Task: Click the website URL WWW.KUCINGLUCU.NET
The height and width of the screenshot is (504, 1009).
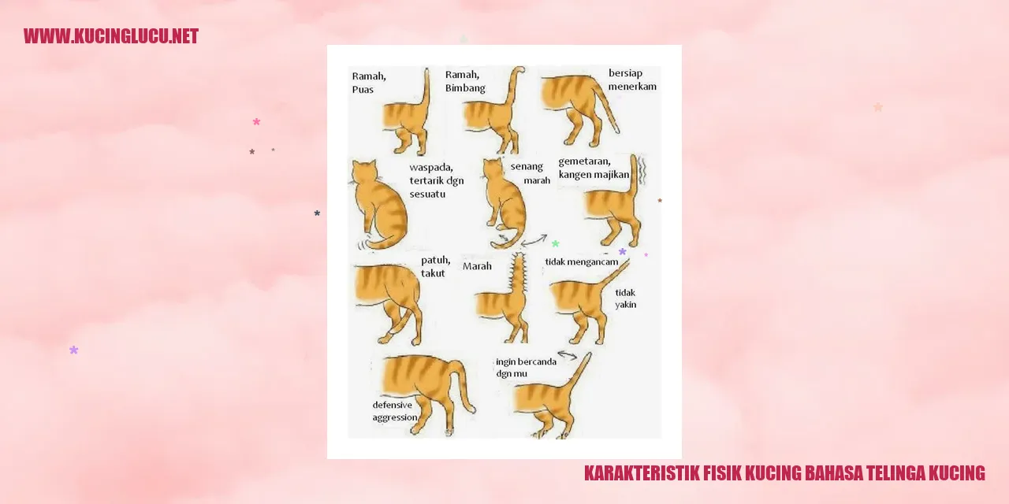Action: pos(111,36)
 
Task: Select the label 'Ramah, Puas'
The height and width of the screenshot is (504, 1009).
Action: pos(369,83)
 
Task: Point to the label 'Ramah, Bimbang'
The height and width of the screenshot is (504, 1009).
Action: pos(465,81)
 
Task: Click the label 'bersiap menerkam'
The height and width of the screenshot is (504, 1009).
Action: pos(632,80)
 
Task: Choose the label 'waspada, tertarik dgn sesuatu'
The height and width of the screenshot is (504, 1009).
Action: pos(436,180)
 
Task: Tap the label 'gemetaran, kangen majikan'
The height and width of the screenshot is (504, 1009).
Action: pos(594,168)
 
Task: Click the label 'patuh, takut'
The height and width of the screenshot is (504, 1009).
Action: pos(436,266)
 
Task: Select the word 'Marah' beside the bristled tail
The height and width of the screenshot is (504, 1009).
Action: pos(477,266)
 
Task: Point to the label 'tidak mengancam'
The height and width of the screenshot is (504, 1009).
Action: pos(582,262)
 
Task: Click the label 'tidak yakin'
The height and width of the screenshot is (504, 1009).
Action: pos(626,298)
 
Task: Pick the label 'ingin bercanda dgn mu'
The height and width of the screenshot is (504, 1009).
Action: pos(526,367)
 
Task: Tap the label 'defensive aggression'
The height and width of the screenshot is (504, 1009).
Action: pos(395,411)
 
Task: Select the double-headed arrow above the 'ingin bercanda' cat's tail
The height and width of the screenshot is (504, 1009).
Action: pos(568,355)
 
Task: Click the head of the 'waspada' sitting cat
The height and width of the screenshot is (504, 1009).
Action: pos(364,172)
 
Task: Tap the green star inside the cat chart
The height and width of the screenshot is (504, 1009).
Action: pos(556,243)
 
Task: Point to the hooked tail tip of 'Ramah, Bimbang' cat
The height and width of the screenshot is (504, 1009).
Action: pos(519,70)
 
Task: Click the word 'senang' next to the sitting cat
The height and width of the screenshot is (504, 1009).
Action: pos(527,166)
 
